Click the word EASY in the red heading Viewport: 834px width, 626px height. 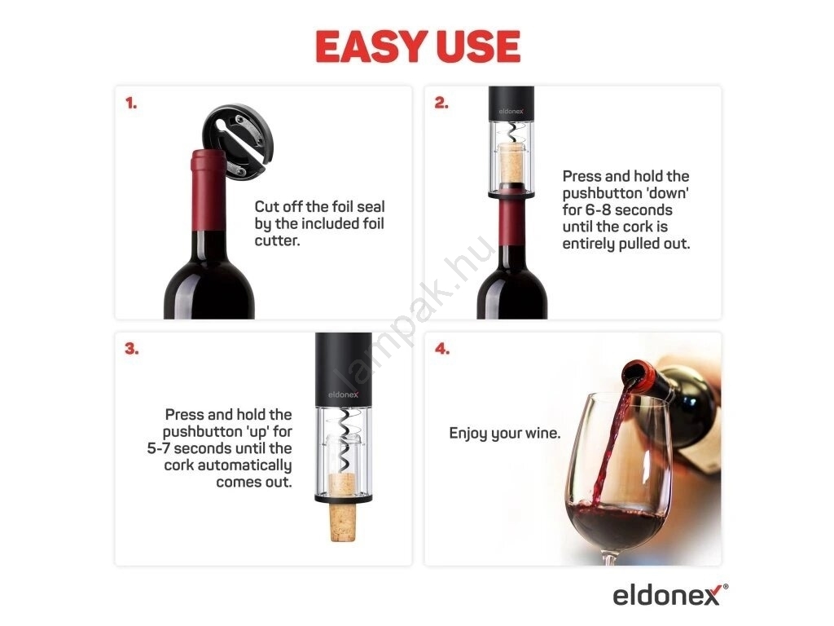371,46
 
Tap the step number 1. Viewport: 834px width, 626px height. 131,103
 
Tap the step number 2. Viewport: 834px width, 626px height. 441,103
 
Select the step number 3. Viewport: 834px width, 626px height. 131,349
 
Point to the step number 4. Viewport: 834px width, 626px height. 442,349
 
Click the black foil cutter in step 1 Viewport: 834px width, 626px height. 238,140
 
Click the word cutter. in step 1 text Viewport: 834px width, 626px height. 277,240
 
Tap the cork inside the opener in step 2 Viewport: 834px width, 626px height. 511,162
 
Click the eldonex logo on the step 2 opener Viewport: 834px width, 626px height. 511,111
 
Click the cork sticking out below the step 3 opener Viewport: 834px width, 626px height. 343,522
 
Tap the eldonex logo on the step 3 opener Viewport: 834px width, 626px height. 343,395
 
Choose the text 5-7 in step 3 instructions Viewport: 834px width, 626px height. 159,448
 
